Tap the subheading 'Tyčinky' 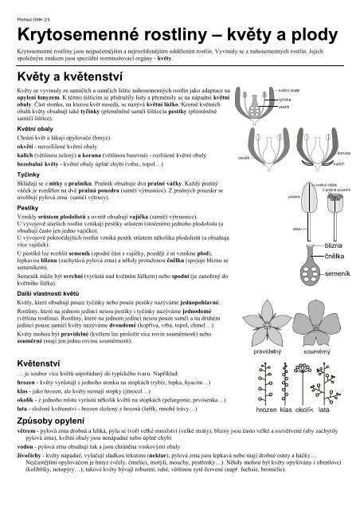[x=29, y=194]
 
